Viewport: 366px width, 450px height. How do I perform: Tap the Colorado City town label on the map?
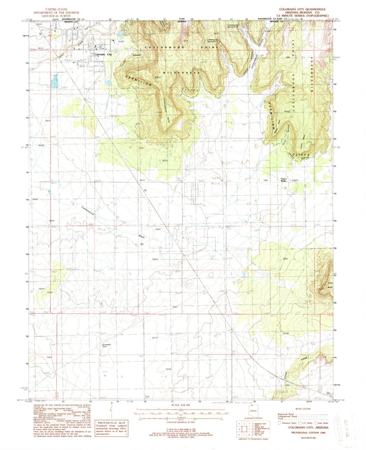104,53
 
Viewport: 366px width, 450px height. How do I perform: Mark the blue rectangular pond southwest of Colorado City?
54,83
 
